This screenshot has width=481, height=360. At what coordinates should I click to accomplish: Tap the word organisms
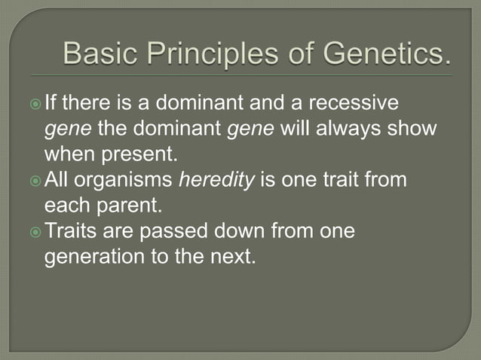coord(135,181)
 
